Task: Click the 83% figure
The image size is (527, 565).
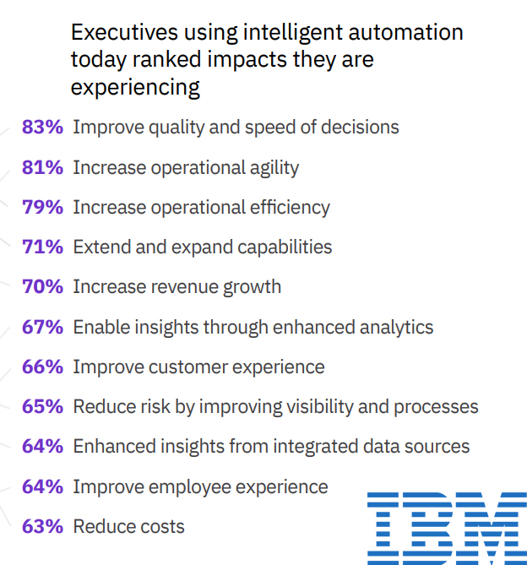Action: (x=42, y=128)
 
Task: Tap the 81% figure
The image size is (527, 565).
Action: (x=42, y=167)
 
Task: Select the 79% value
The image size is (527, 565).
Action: (x=42, y=207)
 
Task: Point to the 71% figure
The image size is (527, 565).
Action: (x=42, y=247)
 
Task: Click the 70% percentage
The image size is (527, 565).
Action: (x=42, y=286)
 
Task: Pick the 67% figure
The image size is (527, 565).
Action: (x=42, y=327)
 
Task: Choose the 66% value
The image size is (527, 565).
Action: (x=42, y=367)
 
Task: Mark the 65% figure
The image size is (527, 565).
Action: (x=42, y=406)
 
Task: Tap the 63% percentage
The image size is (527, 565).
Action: (x=42, y=526)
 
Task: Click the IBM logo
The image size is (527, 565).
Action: (x=446, y=529)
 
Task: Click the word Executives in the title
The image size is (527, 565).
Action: (x=124, y=33)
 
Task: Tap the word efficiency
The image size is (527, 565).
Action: (x=287, y=208)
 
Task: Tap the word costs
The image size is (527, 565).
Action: (x=163, y=527)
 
